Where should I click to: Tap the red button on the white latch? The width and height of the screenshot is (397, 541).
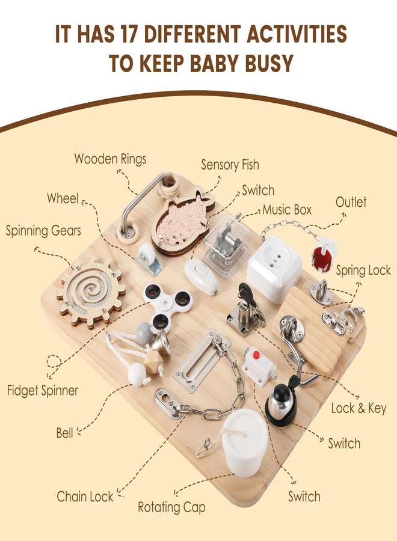pyautogui.click(x=256, y=354)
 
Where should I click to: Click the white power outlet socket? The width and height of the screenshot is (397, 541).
pyautogui.click(x=274, y=268)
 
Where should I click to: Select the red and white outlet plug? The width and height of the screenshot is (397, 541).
pyautogui.click(x=324, y=255)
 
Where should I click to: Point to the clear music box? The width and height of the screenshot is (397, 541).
pyautogui.click(x=227, y=245)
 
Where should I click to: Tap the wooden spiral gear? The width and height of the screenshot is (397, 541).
pyautogui.click(x=91, y=293)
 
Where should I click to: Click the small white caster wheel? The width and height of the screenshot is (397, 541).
pyautogui.click(x=149, y=258)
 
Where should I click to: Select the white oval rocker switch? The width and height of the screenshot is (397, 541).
pyautogui.click(x=201, y=277)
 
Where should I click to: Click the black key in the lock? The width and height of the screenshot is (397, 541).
pyautogui.click(x=245, y=293)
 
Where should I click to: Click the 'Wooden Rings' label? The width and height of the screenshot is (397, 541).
pyautogui.click(x=110, y=159)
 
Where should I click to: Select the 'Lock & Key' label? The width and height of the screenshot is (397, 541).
pyautogui.click(x=359, y=408)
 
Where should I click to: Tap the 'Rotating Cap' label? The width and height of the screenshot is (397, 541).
pyautogui.click(x=171, y=507)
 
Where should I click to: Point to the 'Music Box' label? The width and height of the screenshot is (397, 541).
pyautogui.click(x=287, y=210)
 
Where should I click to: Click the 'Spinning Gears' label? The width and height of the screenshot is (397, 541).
pyautogui.click(x=43, y=231)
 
